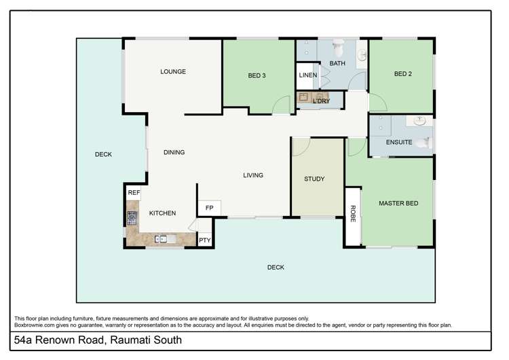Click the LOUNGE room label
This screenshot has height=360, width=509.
[x=173, y=71]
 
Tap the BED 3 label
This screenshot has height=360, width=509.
[x=257, y=75]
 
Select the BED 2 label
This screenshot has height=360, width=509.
[x=403, y=74]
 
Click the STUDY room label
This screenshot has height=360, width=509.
[x=314, y=179]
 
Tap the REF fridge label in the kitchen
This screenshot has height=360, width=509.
[x=134, y=193]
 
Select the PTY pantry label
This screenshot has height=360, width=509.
[x=204, y=240]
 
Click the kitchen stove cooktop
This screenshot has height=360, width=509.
[x=132, y=218]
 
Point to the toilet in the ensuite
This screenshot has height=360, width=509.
[x=425, y=143]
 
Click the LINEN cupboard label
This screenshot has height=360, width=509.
[x=307, y=75]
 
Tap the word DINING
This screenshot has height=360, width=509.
[x=174, y=152]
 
